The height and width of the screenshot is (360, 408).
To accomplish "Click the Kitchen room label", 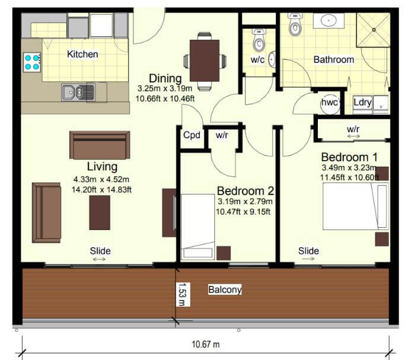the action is tap(82, 54).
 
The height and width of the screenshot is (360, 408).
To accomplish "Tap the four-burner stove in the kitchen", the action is tap(32, 62).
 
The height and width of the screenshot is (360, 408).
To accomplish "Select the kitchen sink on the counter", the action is tap(78, 92).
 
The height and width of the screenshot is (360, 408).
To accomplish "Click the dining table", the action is tap(205, 60).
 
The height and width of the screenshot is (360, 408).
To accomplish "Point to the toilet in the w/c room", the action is tap(259, 40).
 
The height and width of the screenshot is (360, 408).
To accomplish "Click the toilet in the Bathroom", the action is tap(295, 24).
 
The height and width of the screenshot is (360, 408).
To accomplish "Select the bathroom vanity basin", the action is tap(329, 20).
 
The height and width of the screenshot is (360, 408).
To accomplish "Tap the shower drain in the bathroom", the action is tap(374, 30).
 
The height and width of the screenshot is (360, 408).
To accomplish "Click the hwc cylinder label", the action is tap(329, 102).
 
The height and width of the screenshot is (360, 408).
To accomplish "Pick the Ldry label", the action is tap(362, 102).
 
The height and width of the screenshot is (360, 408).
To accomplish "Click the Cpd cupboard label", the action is tap(192, 135).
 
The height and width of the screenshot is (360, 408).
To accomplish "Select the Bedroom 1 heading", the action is tap(349, 157).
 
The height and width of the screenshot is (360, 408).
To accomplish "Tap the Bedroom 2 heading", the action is tap(246, 191).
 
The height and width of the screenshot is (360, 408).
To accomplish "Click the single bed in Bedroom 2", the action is tap(197, 227).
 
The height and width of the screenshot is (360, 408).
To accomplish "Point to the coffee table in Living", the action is tap(100, 213).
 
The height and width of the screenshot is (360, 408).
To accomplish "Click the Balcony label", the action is tap(225, 289).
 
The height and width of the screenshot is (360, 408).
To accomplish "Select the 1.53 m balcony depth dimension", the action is tap(183, 294).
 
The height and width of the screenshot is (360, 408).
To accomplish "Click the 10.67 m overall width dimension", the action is tap(206, 345).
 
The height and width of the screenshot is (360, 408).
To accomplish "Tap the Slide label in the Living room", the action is tap(100, 251).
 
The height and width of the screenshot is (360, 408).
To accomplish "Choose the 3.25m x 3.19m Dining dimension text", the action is tap(165, 88).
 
